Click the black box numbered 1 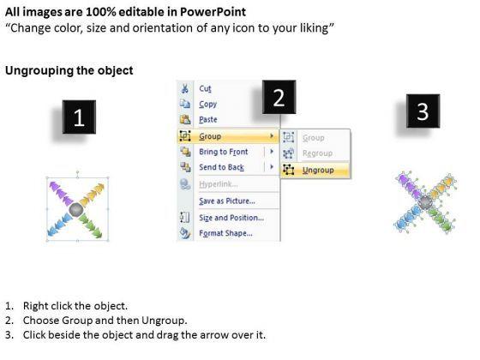79,117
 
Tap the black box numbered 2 279,97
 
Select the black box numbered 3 423,111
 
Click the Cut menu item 205,89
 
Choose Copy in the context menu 207,105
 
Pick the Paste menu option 208,119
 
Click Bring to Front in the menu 224,152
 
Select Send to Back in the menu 222,167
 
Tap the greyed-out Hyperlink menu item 219,184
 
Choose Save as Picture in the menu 227,201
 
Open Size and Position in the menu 231,218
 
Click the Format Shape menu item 226,233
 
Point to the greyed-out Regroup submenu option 317,153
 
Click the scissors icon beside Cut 185,88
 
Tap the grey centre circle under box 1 76,209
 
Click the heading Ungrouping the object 69,70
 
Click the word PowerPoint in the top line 213,12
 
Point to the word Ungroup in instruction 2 164,321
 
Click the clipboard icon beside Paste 185,119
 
